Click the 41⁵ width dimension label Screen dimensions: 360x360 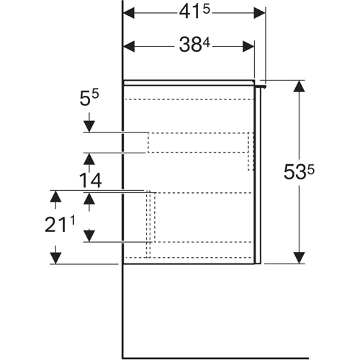click(194, 12)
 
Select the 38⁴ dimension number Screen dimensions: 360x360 click(194, 45)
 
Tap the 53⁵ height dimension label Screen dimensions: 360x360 click(299, 171)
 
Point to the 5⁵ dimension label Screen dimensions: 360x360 click(89, 98)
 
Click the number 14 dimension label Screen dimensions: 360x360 click(90, 180)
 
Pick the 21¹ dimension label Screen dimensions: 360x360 click(60, 225)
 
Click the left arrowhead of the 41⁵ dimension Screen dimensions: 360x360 click(129, 13)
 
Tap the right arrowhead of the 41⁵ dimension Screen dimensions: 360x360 click(259, 13)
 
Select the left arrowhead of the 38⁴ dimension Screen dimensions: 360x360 click(129, 46)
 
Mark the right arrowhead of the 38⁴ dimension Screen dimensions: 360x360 click(248, 46)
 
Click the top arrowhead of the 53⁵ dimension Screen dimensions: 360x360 click(299, 86)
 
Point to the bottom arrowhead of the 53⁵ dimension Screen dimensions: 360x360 click(299, 258)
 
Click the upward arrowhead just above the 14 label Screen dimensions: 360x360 click(89, 159)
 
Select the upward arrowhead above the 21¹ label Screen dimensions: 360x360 click(55, 197)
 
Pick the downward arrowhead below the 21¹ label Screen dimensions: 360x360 click(55, 258)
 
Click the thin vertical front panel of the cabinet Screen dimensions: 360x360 click(258, 176)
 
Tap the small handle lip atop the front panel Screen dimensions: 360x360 click(260, 86)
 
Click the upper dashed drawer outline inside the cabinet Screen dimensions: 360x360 click(201, 143)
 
